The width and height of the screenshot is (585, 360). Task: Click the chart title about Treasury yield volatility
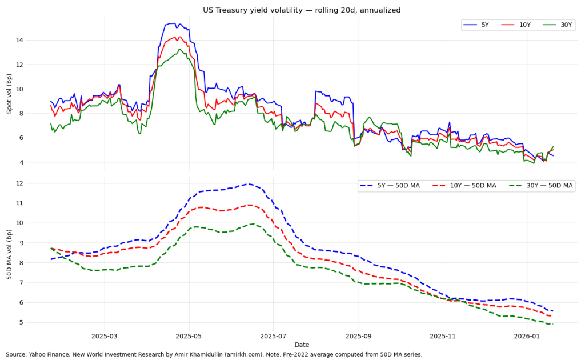tap(292, 10)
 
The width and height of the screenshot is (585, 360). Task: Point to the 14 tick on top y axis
tap(35, 40)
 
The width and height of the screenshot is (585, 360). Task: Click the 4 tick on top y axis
tap(37, 162)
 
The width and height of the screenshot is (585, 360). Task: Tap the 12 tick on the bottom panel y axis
tap(35, 183)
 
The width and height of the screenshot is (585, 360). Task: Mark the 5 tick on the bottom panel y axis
tap(37, 322)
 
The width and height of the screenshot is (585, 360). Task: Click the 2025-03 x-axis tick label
tap(104, 336)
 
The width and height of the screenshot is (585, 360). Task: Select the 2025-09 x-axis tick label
tap(359, 336)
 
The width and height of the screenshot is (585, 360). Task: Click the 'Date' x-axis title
tap(302, 345)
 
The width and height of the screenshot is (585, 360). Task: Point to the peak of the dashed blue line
tap(249, 184)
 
